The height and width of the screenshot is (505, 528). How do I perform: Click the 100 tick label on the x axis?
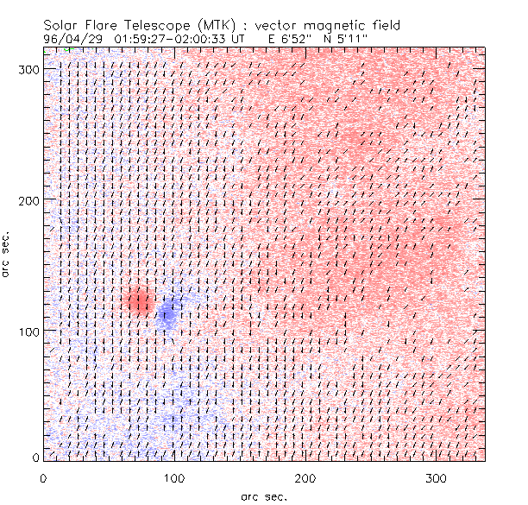coord(174,477)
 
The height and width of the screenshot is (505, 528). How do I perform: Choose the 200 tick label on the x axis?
coord(305,477)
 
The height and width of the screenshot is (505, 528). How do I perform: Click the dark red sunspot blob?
coord(138,301)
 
